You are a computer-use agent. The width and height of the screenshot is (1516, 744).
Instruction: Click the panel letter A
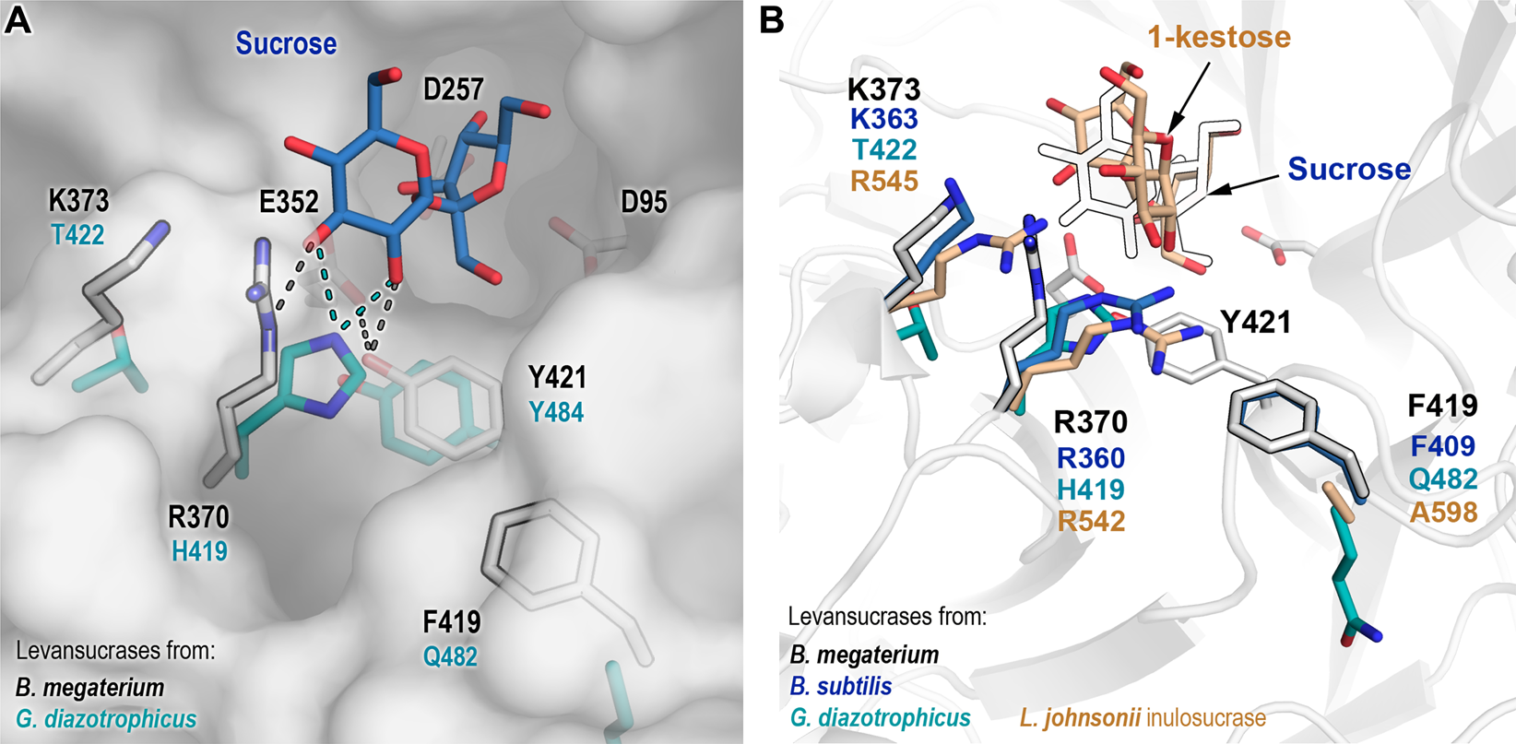pyautogui.click(x=18, y=20)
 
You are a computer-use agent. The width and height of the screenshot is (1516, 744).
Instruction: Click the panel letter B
pyautogui.click(x=772, y=20)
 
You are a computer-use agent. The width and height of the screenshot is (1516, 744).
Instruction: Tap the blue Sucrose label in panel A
pyautogui.click(x=286, y=43)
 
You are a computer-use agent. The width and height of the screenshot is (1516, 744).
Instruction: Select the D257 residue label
pyautogui.click(x=453, y=89)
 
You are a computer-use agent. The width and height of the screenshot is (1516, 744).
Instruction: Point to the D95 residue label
pyautogui.click(x=644, y=202)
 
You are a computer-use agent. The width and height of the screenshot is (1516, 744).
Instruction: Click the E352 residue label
pyautogui.click(x=289, y=202)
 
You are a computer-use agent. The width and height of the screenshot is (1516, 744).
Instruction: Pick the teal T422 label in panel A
pyautogui.click(x=77, y=235)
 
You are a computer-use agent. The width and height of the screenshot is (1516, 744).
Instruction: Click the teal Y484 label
pyautogui.click(x=556, y=411)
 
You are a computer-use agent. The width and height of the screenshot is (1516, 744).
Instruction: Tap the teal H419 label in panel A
pyautogui.click(x=199, y=551)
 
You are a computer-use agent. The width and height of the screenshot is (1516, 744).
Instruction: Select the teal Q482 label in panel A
pyautogui.click(x=450, y=656)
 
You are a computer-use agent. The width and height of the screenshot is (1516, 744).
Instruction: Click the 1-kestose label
pyautogui.click(x=1218, y=37)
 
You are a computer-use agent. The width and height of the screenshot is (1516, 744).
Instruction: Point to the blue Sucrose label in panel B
pyautogui.click(x=1348, y=170)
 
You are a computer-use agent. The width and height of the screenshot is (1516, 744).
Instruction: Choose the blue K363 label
pyautogui.click(x=883, y=119)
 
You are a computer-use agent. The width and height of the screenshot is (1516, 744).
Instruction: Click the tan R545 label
pyautogui.click(x=883, y=181)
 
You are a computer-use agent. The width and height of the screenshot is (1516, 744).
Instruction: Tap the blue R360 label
pyautogui.click(x=1090, y=457)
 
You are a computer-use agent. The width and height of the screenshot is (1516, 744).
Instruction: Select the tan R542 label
pyautogui.click(x=1090, y=521)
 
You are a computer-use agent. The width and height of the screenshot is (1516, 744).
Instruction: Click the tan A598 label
pyautogui.click(x=1443, y=512)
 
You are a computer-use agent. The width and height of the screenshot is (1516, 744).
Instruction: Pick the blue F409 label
pyautogui.click(x=1443, y=447)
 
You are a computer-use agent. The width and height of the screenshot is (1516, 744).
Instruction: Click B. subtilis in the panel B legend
pyautogui.click(x=840, y=687)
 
